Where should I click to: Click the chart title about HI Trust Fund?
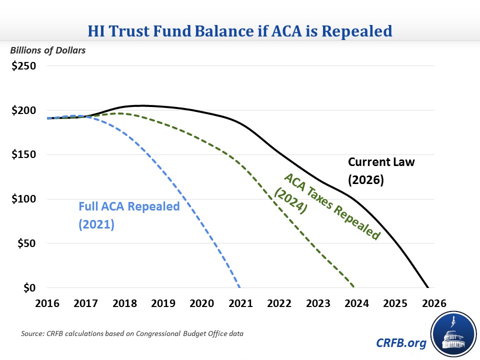pos(240,30)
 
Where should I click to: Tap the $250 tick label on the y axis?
pos(23,66)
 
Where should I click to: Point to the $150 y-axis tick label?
pos(23,154)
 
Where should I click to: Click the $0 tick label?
pos(29,288)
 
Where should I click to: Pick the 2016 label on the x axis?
pos(47,303)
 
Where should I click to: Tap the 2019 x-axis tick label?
pos(163,303)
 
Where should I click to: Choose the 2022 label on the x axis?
pos(279,303)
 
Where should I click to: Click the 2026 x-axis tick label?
pos(433,303)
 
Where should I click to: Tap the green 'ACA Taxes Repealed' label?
pos(327,207)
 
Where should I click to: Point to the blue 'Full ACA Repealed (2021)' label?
pos(128,215)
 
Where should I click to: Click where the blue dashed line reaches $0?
pos(240,287)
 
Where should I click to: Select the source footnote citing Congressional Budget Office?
pos(132,333)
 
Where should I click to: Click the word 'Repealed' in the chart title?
pos(355,30)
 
